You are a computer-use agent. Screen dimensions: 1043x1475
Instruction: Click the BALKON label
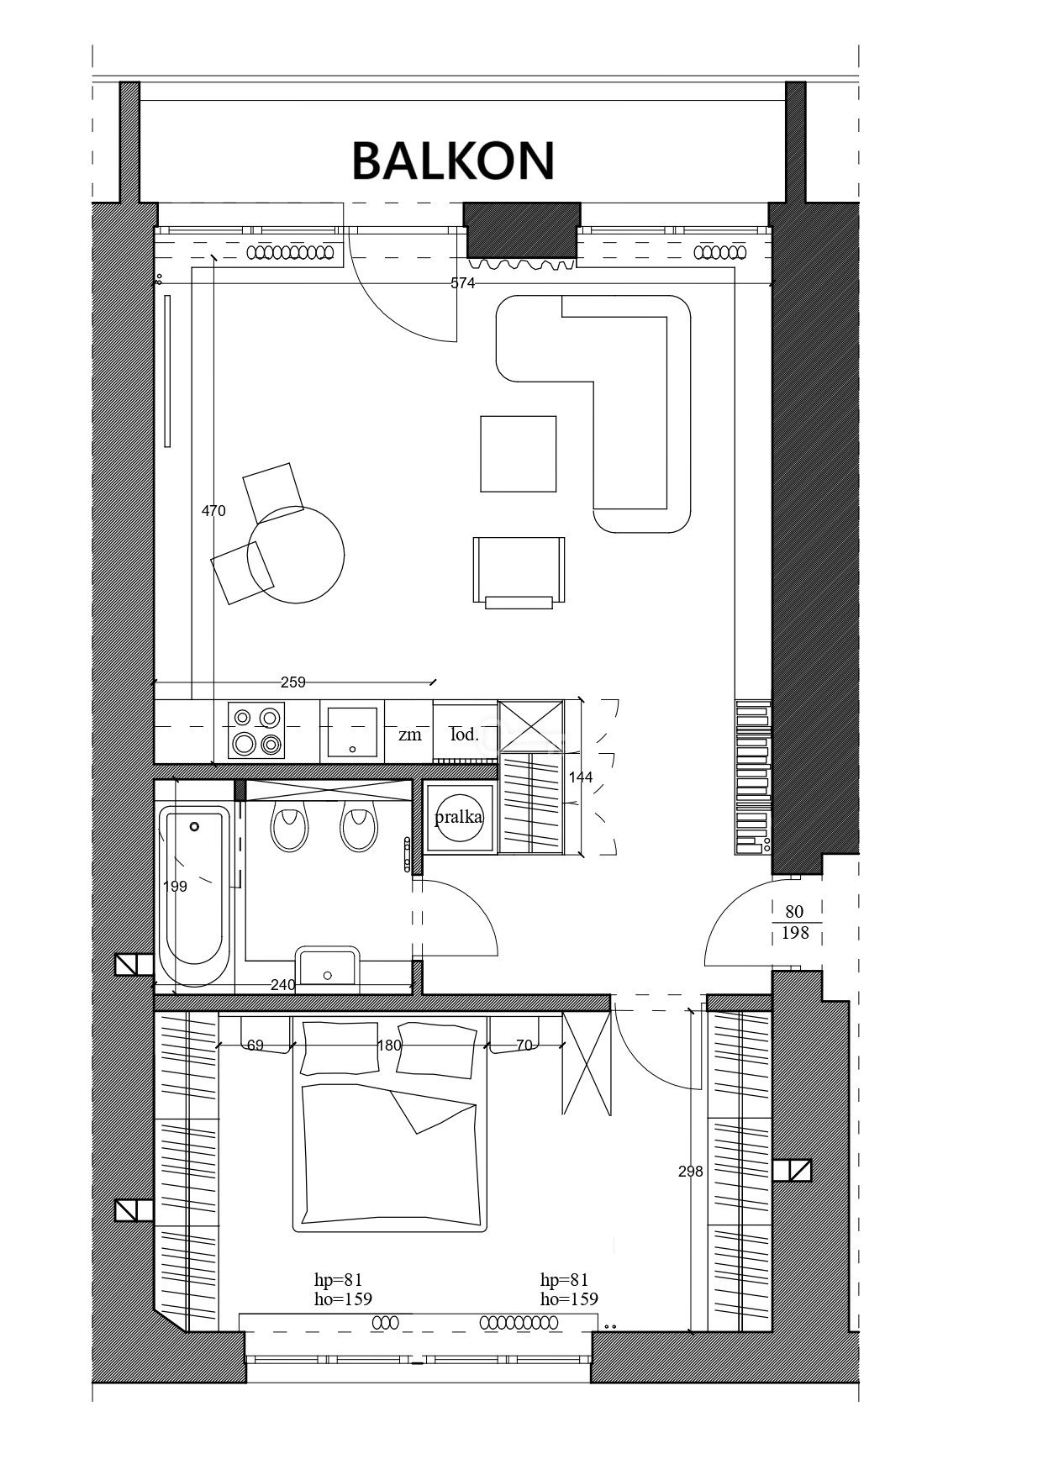coord(453,161)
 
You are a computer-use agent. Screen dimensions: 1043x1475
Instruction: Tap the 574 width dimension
coord(463,283)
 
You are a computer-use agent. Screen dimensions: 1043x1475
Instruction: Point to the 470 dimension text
coord(213,510)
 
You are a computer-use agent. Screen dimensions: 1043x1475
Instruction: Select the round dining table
coord(296,554)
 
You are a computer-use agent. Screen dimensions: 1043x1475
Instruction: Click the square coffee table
coord(519,454)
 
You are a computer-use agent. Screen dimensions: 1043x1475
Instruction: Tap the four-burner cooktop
coord(256,731)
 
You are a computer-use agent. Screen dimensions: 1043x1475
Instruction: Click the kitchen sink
coord(351,731)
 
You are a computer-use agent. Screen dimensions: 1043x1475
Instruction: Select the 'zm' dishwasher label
coord(409,735)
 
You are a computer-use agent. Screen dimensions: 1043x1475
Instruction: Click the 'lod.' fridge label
coord(464,734)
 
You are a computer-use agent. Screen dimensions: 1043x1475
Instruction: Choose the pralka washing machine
coord(459,817)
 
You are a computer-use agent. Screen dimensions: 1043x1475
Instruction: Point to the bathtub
coord(195,896)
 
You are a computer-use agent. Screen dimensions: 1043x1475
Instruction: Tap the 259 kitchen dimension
coord(293,682)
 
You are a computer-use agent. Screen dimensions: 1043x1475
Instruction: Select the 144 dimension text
coord(581,777)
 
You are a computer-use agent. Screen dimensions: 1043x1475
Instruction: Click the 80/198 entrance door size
coord(794,922)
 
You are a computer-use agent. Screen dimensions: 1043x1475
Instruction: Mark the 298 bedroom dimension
coord(690,1171)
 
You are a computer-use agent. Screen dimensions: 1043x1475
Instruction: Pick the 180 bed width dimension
coord(390,1046)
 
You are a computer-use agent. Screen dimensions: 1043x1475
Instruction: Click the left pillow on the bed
coord(340,1048)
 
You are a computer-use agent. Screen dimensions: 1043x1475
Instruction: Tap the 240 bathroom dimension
coord(282,984)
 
